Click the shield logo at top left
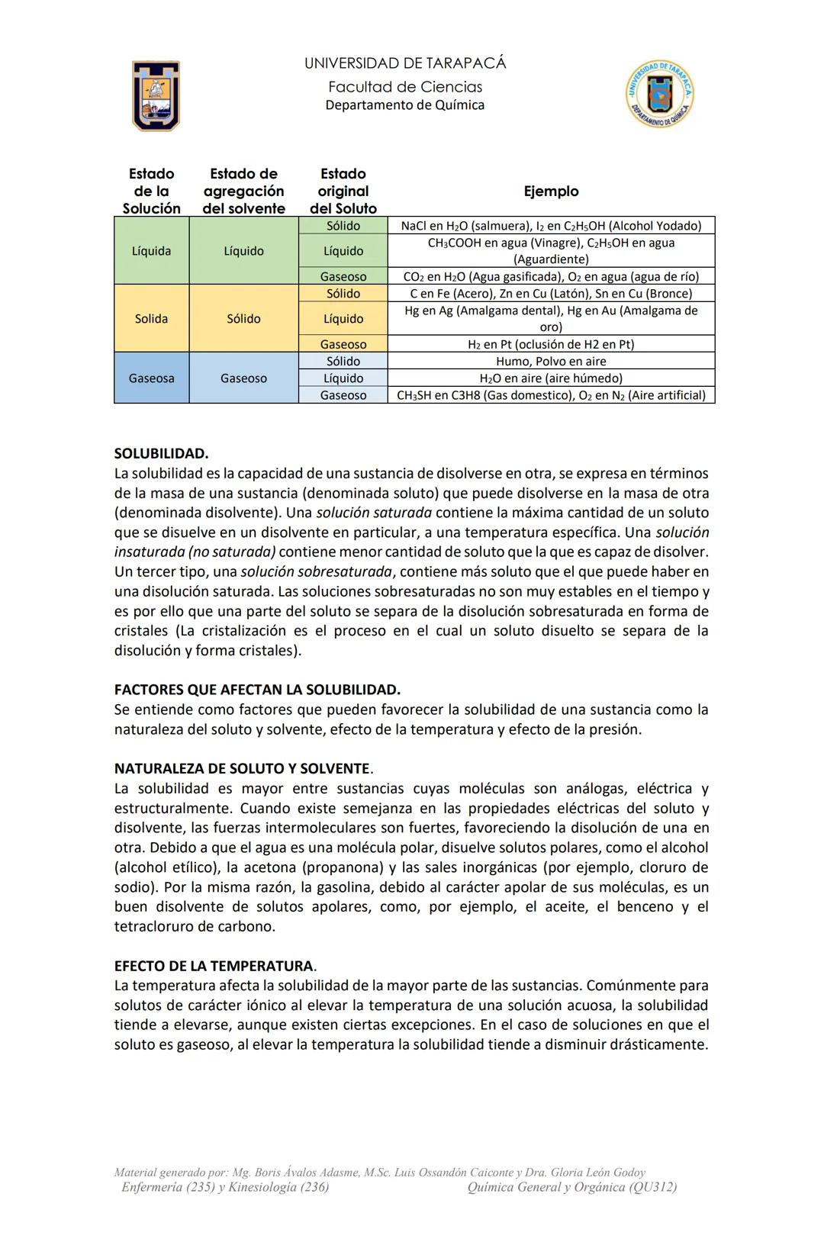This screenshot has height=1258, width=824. (156, 95)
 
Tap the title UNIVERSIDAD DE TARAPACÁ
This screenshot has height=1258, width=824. (404, 63)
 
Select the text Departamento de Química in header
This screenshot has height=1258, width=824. (404, 105)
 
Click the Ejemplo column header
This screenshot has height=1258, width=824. (551, 191)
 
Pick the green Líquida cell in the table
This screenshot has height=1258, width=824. (151, 251)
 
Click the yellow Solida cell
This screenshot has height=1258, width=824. (151, 319)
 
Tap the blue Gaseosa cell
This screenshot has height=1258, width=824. (151, 378)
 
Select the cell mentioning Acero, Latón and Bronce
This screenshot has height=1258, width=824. (551, 294)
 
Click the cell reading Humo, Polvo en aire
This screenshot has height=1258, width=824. (551, 362)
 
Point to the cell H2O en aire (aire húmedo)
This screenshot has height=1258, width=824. (551, 378)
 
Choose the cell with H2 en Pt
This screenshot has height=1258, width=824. (551, 344)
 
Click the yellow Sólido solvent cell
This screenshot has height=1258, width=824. (243, 319)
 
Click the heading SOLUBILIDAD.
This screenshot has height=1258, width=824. (161, 454)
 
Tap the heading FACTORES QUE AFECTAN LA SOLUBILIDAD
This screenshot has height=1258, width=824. (257, 690)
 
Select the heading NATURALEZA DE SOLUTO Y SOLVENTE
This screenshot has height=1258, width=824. (243, 768)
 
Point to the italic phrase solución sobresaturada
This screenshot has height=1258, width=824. (316, 571)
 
